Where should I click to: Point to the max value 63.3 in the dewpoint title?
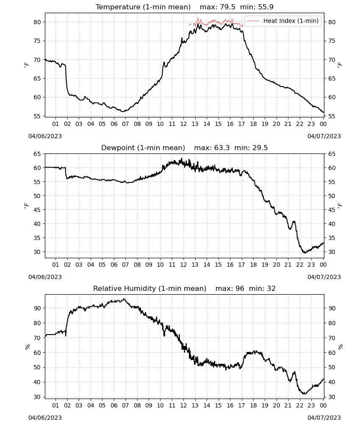pyautogui.click(x=222, y=148)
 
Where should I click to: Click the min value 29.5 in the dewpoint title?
pyautogui.click(x=260, y=148)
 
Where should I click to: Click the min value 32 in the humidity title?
pyautogui.click(x=271, y=288)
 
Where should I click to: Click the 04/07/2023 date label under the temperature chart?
pyautogui.click(x=324, y=136)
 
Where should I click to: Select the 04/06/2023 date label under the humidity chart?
pyautogui.click(x=45, y=418)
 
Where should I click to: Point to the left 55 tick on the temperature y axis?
pyautogui.click(x=37, y=116)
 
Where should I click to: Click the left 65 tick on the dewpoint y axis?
pyautogui.click(x=37, y=154)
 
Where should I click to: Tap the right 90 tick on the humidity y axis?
pyautogui.click(x=332, y=308)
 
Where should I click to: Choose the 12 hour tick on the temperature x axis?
pyautogui.click(x=183, y=124)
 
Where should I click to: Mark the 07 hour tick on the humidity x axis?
pyautogui.click(x=125, y=405)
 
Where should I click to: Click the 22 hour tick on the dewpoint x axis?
pyautogui.click(x=299, y=265)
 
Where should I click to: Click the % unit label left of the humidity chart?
pyautogui.click(x=27, y=347)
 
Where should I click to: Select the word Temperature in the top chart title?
pyautogui.click(x=118, y=7)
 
